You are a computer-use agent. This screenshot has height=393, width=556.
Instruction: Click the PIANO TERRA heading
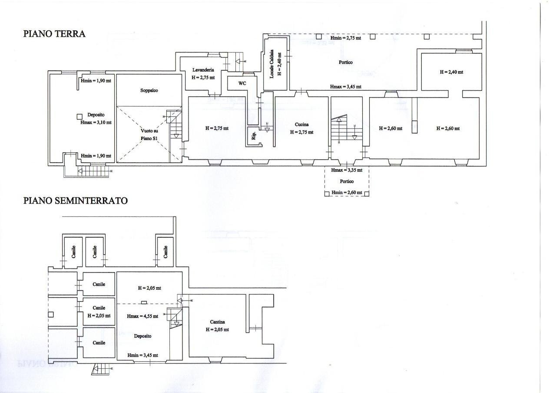click(x=54, y=34)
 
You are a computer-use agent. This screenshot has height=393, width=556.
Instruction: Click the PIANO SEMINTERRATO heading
click(x=75, y=200)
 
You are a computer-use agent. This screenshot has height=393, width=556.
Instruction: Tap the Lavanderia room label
click(x=203, y=70)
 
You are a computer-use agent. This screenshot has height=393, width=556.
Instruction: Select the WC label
click(x=242, y=83)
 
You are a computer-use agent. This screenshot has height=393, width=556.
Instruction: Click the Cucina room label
click(x=301, y=124)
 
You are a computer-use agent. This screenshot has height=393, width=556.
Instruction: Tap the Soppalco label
click(x=149, y=90)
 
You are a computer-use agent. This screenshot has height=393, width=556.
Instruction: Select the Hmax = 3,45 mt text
click(x=346, y=86)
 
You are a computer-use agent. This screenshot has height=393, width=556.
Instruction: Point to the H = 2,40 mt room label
click(x=451, y=72)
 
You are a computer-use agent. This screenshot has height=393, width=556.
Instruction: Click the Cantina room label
click(x=217, y=322)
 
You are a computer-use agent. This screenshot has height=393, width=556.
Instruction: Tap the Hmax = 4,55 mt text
click(x=142, y=316)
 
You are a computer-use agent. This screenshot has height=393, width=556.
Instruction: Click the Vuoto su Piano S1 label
click(x=149, y=134)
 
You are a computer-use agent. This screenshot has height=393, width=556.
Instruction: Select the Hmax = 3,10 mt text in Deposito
click(x=96, y=122)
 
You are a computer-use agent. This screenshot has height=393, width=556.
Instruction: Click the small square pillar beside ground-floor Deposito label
click(x=79, y=116)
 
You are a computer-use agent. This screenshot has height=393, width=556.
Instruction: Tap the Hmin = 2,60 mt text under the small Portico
click(x=347, y=192)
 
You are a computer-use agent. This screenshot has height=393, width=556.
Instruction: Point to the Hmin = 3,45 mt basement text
click(x=142, y=355)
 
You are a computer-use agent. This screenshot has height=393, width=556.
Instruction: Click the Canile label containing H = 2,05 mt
click(x=99, y=311)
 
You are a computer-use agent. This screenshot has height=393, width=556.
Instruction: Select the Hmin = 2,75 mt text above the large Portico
click(x=345, y=38)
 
